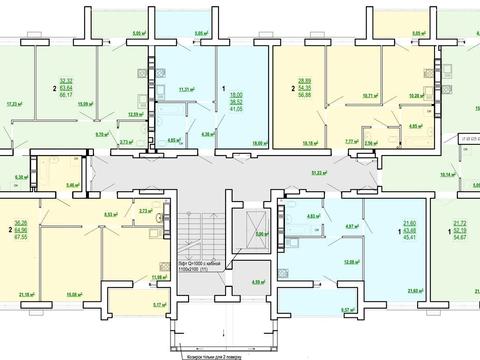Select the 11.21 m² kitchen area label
coord(185,90)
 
